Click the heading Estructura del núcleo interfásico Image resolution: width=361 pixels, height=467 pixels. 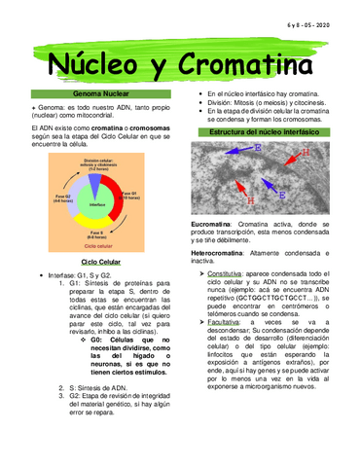pos(267,130)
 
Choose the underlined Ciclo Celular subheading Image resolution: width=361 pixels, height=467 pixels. pos(101,262)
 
